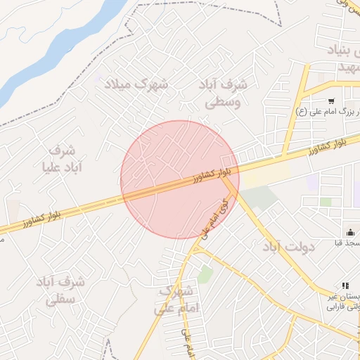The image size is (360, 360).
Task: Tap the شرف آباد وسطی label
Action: pos(224,93)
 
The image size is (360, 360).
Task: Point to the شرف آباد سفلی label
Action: pos(60,290)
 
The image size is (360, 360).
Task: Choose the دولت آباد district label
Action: pos(289,247)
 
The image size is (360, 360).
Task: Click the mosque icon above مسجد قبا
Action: pos(349,232)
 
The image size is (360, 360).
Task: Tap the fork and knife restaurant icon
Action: pos(345,285)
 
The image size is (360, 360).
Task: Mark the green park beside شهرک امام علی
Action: pos(205,275)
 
